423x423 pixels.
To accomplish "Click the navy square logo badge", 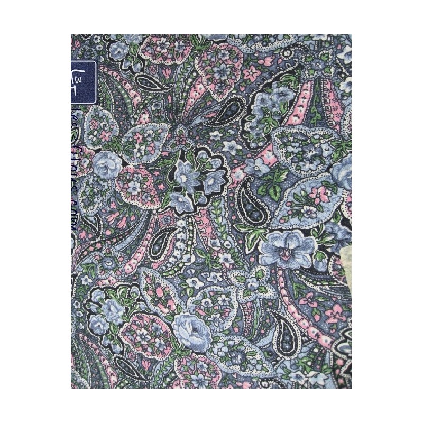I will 84,82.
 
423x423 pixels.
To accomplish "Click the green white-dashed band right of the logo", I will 119,95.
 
